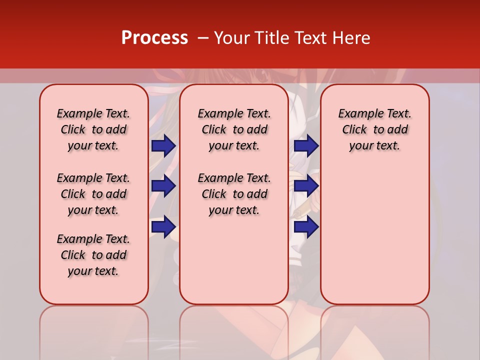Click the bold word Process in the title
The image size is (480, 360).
point(154,38)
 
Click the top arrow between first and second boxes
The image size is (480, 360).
point(163,145)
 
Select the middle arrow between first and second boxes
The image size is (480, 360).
point(163,186)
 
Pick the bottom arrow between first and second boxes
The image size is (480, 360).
point(163,227)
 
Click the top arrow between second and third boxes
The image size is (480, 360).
point(306,145)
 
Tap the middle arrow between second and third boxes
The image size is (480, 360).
point(306,186)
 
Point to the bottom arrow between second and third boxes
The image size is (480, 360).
point(306,227)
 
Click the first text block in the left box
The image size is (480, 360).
point(93,129)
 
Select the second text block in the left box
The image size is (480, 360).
point(93,194)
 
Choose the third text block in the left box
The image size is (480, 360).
point(93,255)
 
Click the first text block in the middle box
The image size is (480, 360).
point(234,129)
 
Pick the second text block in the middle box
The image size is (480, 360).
point(234,194)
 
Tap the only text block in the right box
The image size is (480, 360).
point(375,129)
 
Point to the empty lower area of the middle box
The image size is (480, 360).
point(234,260)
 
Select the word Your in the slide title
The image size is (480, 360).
point(229,38)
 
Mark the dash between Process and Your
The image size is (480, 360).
point(202,38)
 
